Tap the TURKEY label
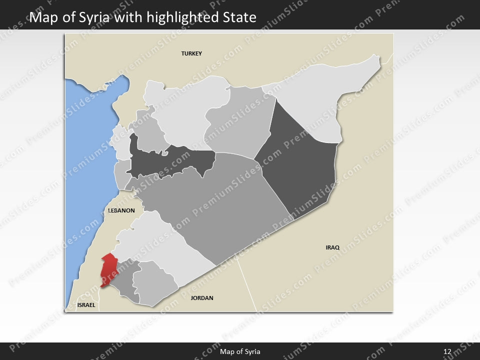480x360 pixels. (x=191, y=53)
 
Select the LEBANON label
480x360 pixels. (x=121, y=210)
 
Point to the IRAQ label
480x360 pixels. (x=332, y=247)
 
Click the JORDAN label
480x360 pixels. (x=202, y=298)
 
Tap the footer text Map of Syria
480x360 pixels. (x=240, y=351)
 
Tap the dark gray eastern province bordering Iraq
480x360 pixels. (x=300, y=160)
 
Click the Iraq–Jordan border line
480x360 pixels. (x=246, y=285)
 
